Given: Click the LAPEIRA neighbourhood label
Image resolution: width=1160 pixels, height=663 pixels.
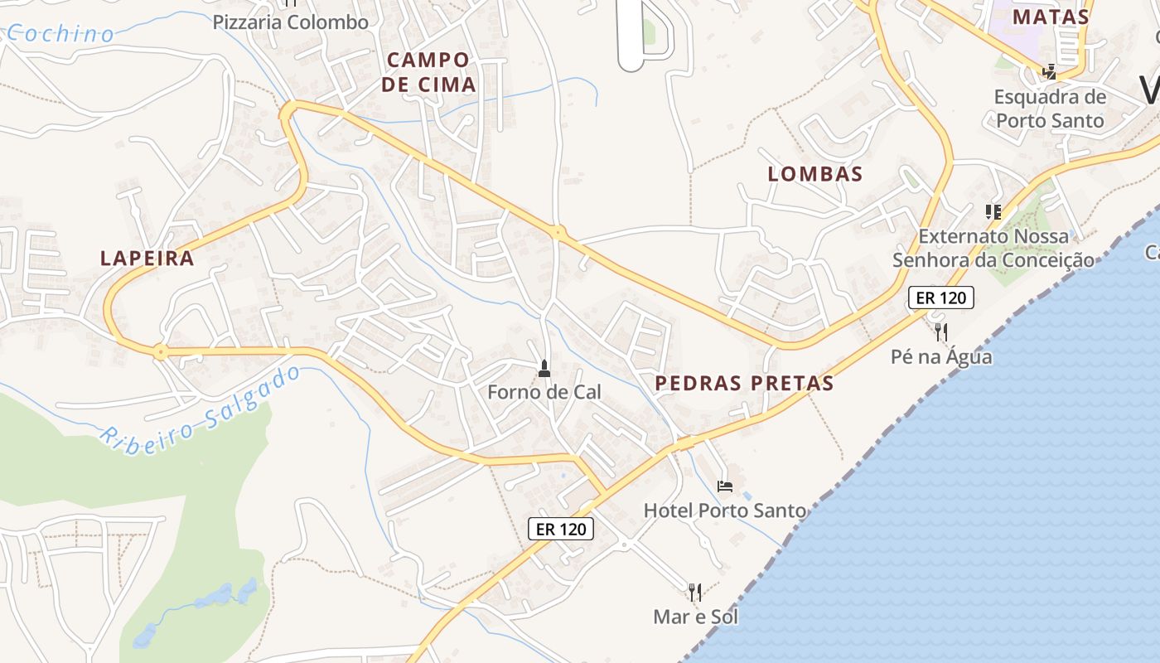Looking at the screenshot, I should tap(147, 259).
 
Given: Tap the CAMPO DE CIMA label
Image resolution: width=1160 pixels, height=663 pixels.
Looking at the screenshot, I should tap(428, 72).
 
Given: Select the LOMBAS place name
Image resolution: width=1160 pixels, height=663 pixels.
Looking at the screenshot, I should tap(815, 174).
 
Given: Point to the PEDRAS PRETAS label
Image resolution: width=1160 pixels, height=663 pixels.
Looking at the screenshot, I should tap(744, 384).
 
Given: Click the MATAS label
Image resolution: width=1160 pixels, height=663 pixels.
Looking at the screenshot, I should tap(1051, 17).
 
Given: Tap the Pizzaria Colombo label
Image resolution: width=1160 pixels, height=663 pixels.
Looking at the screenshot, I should tap(291, 22).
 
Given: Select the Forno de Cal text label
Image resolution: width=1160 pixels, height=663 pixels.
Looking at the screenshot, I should tap(544, 392).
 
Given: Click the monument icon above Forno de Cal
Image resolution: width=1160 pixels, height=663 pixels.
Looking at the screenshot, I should tap(544, 368).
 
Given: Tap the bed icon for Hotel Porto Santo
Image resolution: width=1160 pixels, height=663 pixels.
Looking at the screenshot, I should tap(725, 486).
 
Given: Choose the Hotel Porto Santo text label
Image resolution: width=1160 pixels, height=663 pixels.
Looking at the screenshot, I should tap(725, 510).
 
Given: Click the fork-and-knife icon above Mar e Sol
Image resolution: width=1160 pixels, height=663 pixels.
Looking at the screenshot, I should tap(695, 592).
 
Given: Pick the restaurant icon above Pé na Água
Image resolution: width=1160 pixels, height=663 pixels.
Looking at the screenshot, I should tap(941, 332).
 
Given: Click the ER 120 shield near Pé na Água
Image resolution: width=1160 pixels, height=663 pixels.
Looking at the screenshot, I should tap(941, 298).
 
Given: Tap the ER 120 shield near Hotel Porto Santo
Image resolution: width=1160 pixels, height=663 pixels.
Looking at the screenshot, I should tap(561, 529).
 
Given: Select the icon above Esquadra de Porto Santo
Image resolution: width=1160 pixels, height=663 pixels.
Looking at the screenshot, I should tap(1050, 72).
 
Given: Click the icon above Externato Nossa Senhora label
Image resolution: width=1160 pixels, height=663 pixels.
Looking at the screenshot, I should tap(993, 212).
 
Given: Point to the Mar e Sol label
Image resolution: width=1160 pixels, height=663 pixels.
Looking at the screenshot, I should tap(695, 617).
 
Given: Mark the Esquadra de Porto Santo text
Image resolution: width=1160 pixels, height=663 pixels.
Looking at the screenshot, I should tap(1050, 109).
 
